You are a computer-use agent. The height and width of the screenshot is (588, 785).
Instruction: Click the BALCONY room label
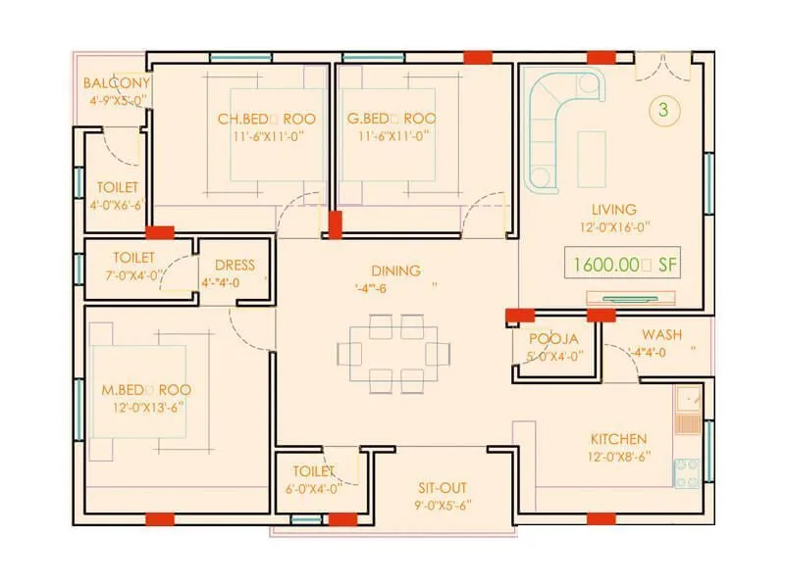(117, 82)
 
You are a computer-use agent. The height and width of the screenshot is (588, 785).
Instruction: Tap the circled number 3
(663, 111)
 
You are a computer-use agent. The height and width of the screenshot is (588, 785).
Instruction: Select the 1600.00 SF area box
(623, 264)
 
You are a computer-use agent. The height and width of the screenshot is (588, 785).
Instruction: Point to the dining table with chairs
(394, 353)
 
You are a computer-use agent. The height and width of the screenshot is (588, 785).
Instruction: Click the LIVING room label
(613, 209)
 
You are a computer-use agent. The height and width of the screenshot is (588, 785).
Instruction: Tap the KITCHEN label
(618, 438)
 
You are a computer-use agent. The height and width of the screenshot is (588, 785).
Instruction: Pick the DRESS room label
(234, 265)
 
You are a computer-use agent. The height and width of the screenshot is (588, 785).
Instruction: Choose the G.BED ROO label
(392, 119)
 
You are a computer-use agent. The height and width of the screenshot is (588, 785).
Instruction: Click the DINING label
(395, 270)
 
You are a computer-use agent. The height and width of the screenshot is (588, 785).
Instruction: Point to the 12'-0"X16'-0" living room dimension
(614, 226)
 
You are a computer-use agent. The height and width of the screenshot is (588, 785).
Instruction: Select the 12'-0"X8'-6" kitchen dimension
(617, 456)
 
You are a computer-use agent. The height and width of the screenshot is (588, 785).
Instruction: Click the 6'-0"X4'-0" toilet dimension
(313, 488)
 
